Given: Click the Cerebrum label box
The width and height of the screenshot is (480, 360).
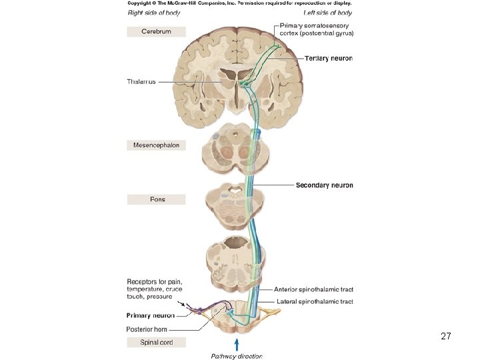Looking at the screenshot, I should click(156, 31).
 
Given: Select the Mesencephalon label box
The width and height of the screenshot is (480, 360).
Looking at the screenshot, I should click(156, 145).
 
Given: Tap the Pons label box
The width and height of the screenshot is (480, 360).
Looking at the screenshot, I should click(156, 199).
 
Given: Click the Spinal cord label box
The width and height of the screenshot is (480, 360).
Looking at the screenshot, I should click(156, 342).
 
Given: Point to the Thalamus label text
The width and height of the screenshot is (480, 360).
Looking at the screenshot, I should click(141, 82).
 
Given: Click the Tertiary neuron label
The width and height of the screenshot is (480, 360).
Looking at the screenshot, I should click(329, 59).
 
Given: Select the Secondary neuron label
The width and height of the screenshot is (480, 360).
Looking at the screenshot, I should click(324, 185).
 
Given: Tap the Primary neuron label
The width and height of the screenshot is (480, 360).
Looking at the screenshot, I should click(151, 315).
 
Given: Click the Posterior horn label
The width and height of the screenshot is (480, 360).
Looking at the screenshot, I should click(147, 329).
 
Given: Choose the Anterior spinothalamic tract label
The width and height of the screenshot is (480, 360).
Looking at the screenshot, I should click(313, 289).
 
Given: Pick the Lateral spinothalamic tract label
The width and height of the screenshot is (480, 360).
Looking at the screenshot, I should click(315, 302).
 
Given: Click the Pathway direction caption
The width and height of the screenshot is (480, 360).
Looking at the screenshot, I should click(237, 355).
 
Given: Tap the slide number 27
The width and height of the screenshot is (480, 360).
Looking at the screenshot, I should click(446, 337).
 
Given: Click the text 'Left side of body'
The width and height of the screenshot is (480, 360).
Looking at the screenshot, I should click(327, 13).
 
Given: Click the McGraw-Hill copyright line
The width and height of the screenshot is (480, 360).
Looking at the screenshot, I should click(239, 3).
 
